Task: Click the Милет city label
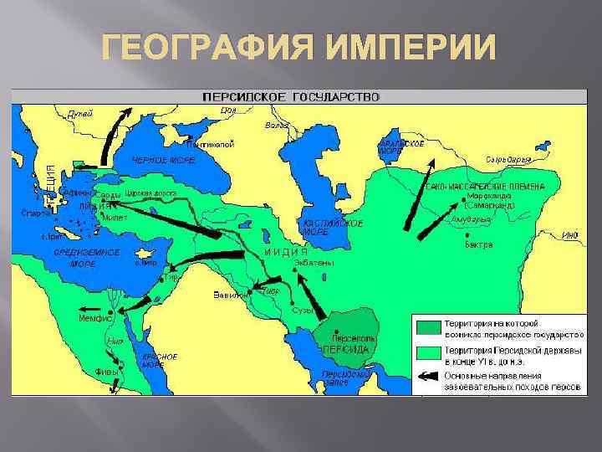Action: coord(115,217)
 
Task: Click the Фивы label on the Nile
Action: coord(107,370)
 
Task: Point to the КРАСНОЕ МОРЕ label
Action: coord(159,361)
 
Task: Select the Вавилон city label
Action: coord(230,295)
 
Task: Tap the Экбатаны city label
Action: coord(314,262)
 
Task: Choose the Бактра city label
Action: coord(480,246)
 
